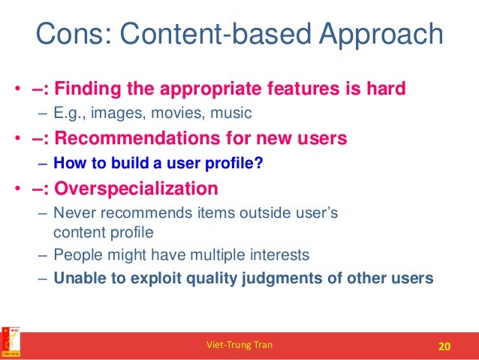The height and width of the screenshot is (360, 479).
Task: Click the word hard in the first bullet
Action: tap(386, 89)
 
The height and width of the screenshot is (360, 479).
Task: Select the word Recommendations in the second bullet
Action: tap(140, 138)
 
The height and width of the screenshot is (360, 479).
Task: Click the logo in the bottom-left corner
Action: tap(11, 343)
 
